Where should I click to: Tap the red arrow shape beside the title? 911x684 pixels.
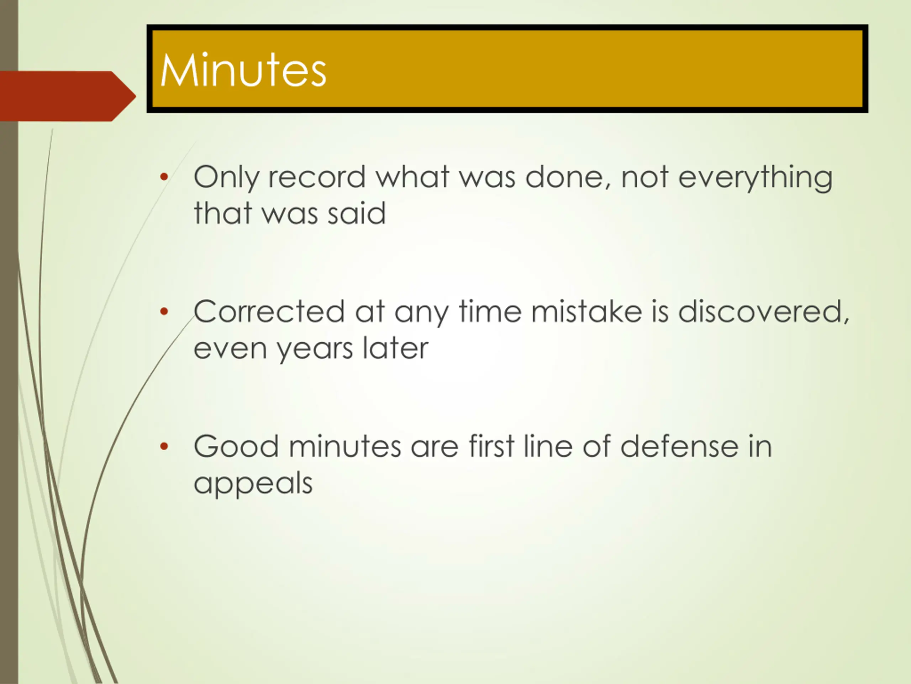(68, 96)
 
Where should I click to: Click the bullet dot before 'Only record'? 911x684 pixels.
(164, 177)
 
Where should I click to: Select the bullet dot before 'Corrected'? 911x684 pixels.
(164, 311)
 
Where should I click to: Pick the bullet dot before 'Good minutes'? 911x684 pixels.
(164, 446)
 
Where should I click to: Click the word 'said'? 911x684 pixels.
(357, 213)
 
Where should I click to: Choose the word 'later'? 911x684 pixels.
(395, 348)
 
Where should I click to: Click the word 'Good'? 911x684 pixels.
(236, 446)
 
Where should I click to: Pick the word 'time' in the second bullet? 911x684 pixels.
(490, 311)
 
